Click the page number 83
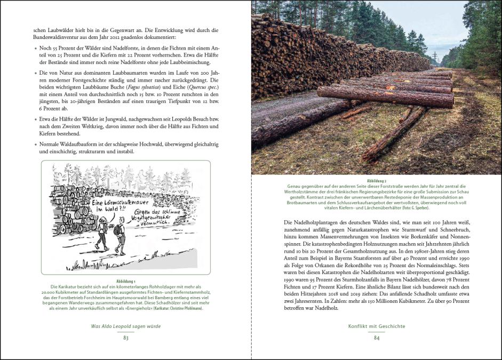tap(126, 338)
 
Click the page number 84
tap(376, 338)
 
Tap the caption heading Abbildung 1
tap(126, 281)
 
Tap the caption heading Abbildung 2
tap(376, 181)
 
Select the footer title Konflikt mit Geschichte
tap(376, 326)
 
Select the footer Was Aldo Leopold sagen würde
tap(126, 326)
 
